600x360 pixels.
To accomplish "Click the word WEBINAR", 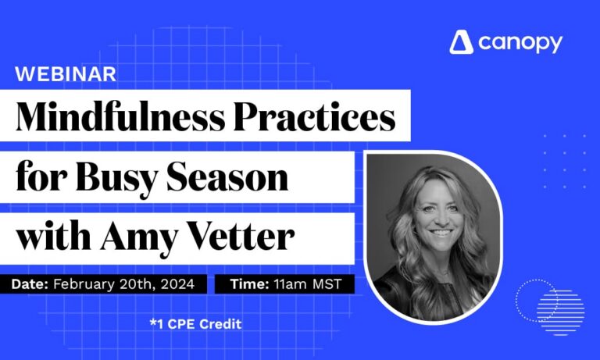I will [x=66, y=74].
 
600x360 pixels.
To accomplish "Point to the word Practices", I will [x=320, y=116].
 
